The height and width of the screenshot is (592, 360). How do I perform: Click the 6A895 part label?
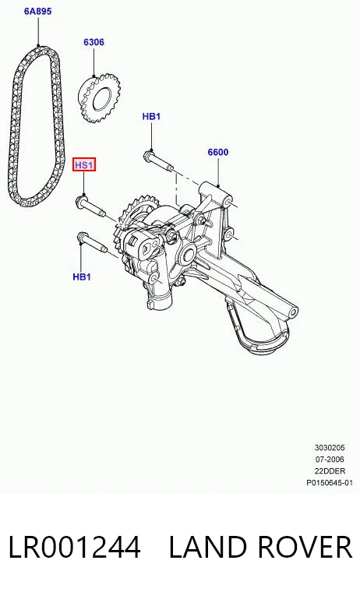pos(37,12)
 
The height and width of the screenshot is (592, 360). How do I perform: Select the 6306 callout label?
pos(94,42)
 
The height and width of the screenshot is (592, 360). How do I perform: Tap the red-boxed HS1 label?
pos(84,165)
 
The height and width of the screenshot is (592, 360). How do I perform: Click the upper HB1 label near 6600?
pos(151,116)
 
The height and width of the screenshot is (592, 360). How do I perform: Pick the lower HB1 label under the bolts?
pos(82,277)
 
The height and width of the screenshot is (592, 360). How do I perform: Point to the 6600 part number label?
pos(218,152)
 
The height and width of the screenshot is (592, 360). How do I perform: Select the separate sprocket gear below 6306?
pos(99,98)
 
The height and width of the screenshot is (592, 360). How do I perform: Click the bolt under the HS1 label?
pos(90,206)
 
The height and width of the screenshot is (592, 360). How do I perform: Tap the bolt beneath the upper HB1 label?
pos(158,160)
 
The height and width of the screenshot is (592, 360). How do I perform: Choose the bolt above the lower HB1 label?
pos(92,243)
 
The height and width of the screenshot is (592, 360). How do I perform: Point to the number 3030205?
pos(330,447)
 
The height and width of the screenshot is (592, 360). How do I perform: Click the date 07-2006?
pos(330,459)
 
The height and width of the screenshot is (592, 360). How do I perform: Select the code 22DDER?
pos(330,470)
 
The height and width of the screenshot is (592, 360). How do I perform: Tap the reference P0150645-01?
pos(330,482)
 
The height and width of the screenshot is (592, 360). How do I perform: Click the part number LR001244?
pos(75,547)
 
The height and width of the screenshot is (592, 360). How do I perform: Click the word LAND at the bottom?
pos(208,547)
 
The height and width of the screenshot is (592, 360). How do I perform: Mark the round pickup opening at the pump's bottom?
pos(264,340)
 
